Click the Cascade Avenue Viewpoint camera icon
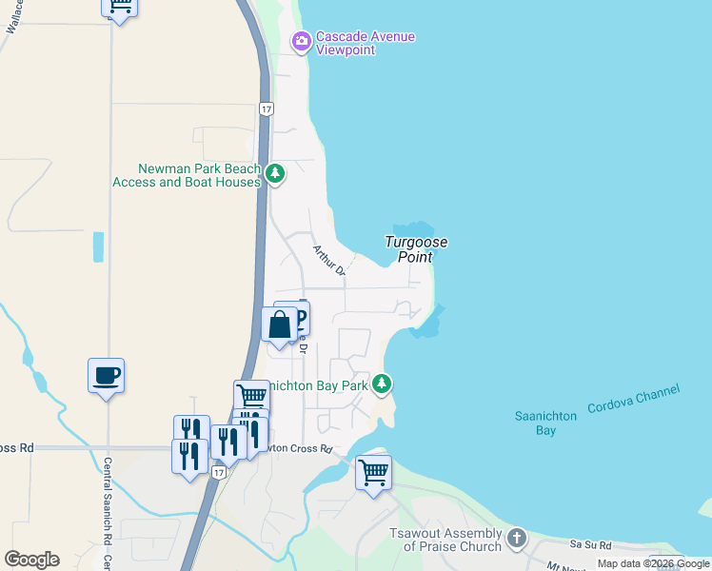302,41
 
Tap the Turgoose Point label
416,249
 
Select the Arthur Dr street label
327,260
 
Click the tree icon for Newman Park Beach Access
275,173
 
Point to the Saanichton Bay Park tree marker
382,384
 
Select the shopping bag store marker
280,325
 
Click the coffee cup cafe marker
106,376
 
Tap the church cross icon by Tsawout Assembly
517,538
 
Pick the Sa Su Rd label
589,544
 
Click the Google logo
31,560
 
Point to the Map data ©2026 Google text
653,564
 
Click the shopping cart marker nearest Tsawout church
373,472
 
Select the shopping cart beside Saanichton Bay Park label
251,396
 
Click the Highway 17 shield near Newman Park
267,109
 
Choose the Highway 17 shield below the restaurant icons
220,472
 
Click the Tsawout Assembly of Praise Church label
451,540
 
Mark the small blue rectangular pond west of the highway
98,246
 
